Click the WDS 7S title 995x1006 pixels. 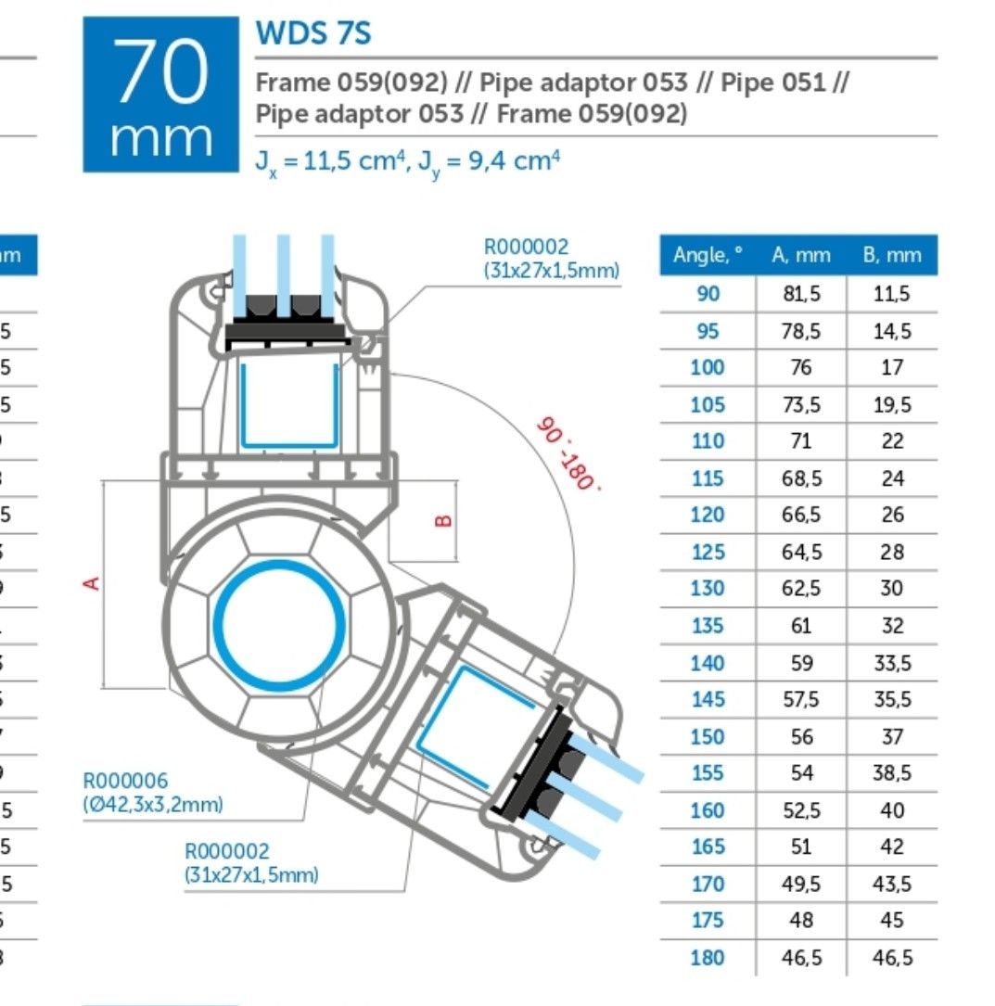tap(313, 33)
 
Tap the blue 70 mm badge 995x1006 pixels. tap(161, 95)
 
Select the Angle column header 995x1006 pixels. tap(708, 255)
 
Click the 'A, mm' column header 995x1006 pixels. tap(800, 255)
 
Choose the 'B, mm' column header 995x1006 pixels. tap(891, 255)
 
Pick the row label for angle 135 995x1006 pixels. tap(708, 626)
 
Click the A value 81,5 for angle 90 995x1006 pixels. tap(800, 294)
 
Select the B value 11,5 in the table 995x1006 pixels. tap(891, 294)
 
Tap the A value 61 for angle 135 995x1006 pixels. tap(800, 626)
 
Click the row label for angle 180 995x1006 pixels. tap(708, 958)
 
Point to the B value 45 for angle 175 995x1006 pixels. tap(891, 921)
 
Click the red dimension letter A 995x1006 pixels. tap(92, 582)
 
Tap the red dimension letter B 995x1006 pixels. tap(443, 520)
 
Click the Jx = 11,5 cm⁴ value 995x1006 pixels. tap(330, 160)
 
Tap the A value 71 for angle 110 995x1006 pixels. tap(800, 441)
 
